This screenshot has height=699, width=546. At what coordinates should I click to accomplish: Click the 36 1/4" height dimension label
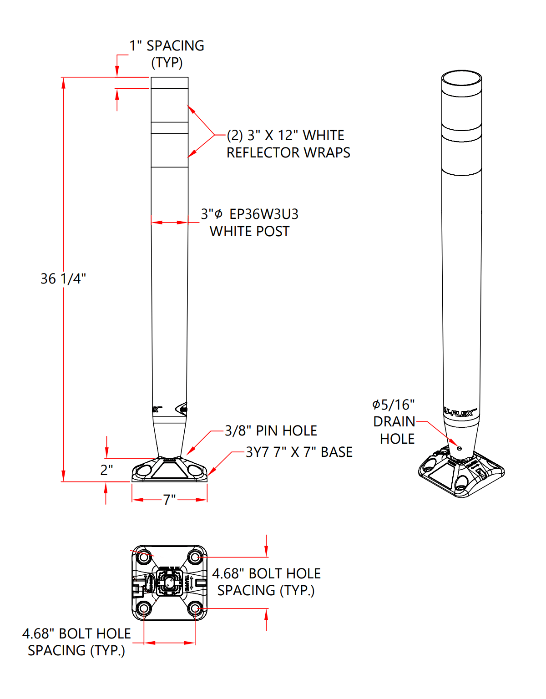tap(63, 279)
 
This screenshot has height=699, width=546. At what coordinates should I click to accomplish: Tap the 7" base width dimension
tap(169, 500)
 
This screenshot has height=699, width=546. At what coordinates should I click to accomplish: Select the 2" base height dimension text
tap(106, 470)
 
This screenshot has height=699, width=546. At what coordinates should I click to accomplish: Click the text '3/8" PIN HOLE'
tap(271, 431)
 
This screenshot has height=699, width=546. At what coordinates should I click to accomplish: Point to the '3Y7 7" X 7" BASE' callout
tap(299, 452)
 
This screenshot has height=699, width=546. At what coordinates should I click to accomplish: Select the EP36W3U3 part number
tap(264, 214)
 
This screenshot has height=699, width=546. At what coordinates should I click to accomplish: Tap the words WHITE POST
tap(249, 231)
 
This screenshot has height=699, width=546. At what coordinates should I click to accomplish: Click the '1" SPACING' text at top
tap(167, 46)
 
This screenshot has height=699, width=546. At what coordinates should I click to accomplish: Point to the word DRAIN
tap(394, 421)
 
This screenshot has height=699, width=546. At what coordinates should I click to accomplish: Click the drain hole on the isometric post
tap(459, 448)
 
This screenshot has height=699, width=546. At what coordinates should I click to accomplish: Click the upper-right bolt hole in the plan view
tap(195, 557)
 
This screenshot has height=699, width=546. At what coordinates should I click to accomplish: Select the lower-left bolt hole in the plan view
tap(144, 608)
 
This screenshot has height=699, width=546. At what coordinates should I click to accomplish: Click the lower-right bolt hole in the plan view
tap(195, 608)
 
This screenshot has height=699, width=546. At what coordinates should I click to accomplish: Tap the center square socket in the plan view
tap(169, 582)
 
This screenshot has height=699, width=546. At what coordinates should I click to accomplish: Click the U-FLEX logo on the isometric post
tap(460, 413)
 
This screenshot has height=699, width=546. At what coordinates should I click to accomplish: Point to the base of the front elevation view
tap(169, 470)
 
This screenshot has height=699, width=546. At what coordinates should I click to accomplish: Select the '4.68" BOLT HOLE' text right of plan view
tap(266, 573)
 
